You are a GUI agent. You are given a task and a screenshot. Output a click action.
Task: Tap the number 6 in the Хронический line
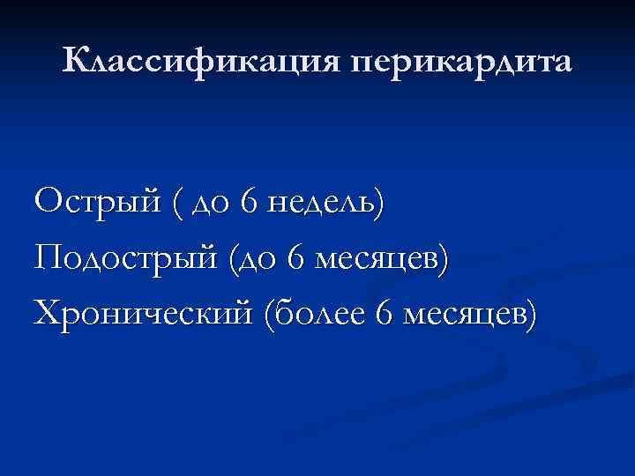pyautogui.click(x=380, y=313)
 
